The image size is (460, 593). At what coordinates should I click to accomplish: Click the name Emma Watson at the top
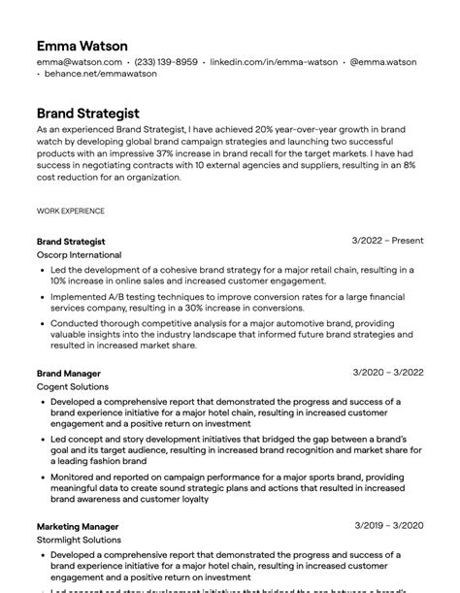coord(82,46)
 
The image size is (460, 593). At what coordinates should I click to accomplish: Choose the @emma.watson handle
coord(383,62)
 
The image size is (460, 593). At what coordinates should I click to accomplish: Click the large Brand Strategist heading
coord(87,113)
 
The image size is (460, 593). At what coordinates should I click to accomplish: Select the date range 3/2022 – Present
coord(387,240)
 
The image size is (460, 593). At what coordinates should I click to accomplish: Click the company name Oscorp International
coord(79,254)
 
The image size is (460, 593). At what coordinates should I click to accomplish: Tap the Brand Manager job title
coord(68,373)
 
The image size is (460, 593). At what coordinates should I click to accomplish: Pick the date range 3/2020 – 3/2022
coord(388,372)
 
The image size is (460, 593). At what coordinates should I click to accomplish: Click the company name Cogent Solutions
coord(73,386)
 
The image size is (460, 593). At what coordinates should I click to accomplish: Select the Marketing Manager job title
coord(78,526)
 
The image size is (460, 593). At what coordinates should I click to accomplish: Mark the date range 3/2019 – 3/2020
coord(388,525)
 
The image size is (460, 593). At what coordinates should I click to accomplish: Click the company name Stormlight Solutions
coord(79,540)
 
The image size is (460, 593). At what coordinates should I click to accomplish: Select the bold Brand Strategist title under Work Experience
coord(71,241)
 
